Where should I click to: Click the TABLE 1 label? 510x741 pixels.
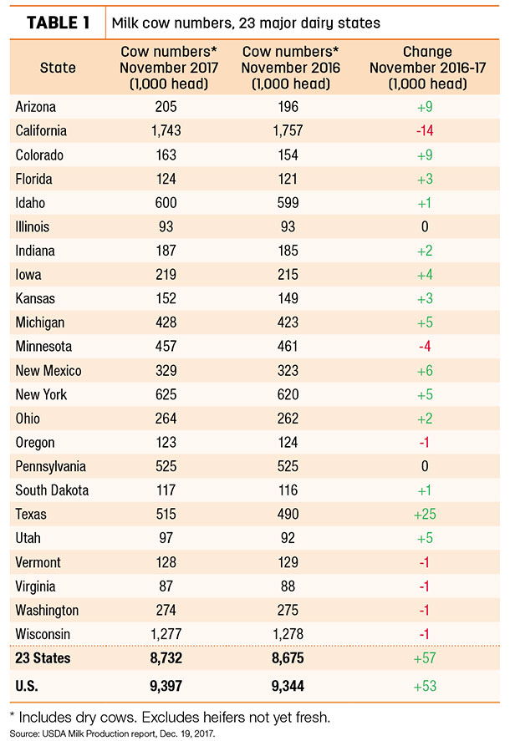[x=58, y=23]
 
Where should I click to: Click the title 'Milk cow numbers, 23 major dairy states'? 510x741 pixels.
[x=246, y=23]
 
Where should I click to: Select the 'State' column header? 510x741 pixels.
[x=58, y=68]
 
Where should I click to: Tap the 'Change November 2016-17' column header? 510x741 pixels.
[x=428, y=68]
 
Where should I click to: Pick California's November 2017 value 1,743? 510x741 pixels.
[x=166, y=131]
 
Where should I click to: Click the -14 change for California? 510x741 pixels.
[x=425, y=131]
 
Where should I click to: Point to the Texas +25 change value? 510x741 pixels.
[x=425, y=514]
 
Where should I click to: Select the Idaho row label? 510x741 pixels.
[x=30, y=203]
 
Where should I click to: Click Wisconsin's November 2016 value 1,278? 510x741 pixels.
[x=288, y=634]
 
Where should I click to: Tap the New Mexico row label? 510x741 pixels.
[x=48, y=371]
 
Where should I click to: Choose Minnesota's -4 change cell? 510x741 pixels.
[x=425, y=347]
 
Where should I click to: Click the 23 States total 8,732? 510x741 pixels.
[x=166, y=657]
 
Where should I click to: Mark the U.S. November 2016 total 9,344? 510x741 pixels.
[x=288, y=686]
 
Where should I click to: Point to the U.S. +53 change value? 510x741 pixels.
[x=425, y=686]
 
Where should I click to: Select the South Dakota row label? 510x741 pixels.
[x=52, y=490]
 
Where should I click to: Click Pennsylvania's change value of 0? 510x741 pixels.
[x=425, y=466]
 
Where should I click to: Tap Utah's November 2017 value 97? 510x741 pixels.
[x=166, y=538]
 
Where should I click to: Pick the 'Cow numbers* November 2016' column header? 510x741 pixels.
[x=290, y=68]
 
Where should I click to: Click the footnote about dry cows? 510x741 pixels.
[x=170, y=718]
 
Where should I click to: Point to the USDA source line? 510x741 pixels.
[x=112, y=734]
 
